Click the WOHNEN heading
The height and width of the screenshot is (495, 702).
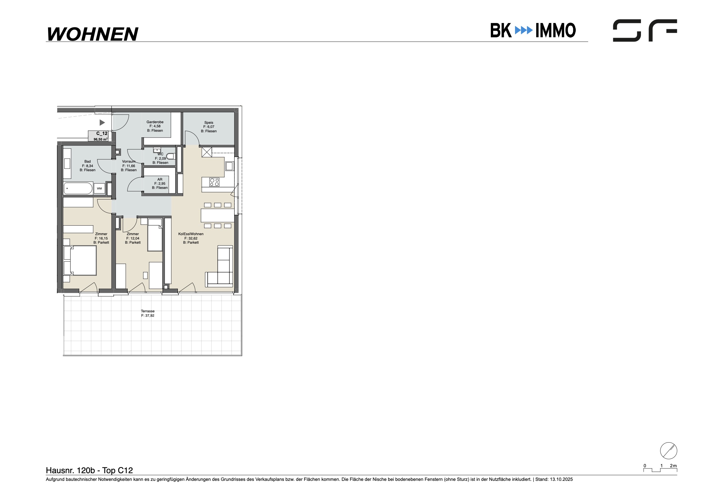click(x=93, y=34)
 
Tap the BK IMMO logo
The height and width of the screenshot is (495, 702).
click(x=533, y=30)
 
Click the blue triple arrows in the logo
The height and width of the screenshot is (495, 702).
click(x=524, y=30)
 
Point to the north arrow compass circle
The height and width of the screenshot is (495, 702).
click(x=669, y=451)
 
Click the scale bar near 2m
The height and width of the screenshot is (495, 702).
click(x=660, y=470)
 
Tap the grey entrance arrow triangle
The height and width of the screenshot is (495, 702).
click(x=102, y=123)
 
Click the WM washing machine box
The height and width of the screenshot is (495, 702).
click(x=99, y=188)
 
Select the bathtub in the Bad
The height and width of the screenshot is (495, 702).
click(x=78, y=188)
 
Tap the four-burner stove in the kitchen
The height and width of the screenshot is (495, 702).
click(x=214, y=182)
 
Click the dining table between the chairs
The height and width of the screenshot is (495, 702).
click(x=217, y=215)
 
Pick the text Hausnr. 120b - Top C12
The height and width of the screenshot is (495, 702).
click(x=89, y=470)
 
